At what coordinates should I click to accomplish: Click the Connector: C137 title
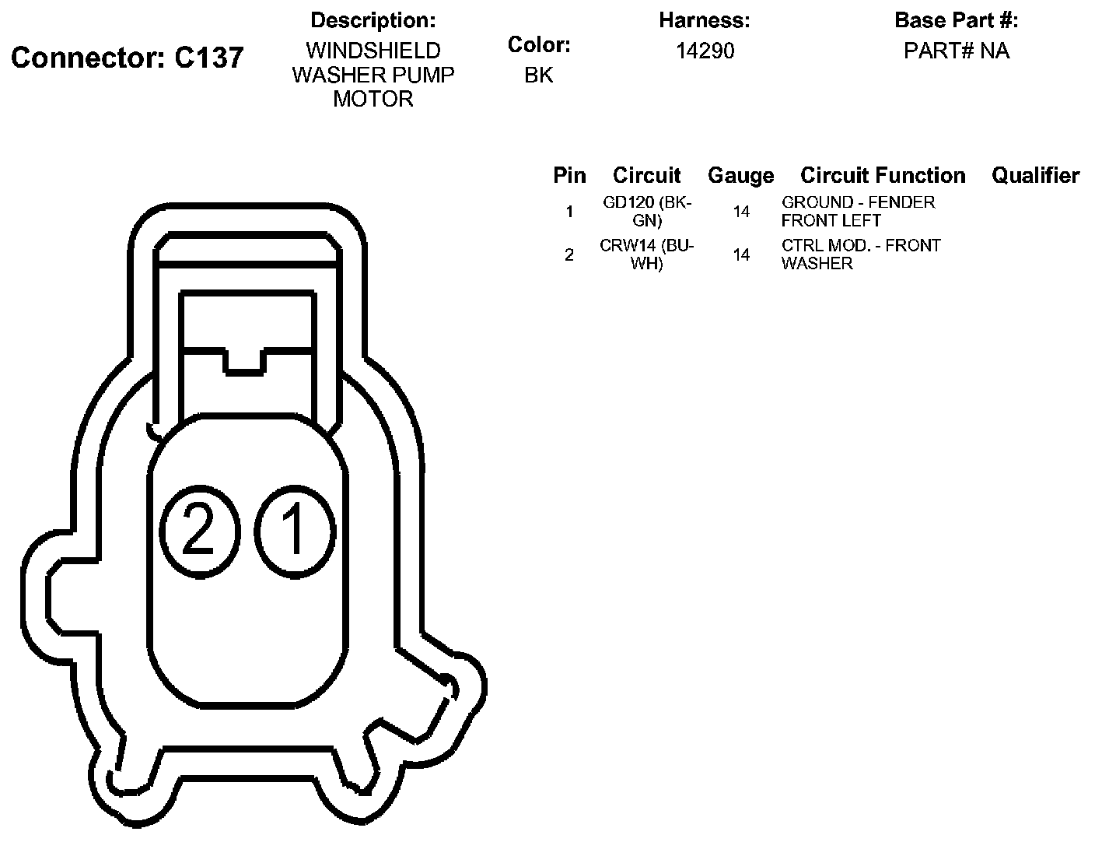click(127, 57)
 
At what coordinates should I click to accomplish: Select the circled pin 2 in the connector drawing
click(200, 532)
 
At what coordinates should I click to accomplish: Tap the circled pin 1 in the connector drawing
click(295, 532)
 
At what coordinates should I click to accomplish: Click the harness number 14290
click(705, 51)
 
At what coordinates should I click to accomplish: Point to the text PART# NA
click(956, 51)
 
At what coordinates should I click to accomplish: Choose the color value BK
click(539, 75)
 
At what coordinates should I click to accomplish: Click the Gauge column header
click(740, 175)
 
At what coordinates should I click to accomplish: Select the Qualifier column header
click(1035, 175)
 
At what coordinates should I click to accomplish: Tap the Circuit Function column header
click(883, 175)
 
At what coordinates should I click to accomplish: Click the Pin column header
click(569, 175)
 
